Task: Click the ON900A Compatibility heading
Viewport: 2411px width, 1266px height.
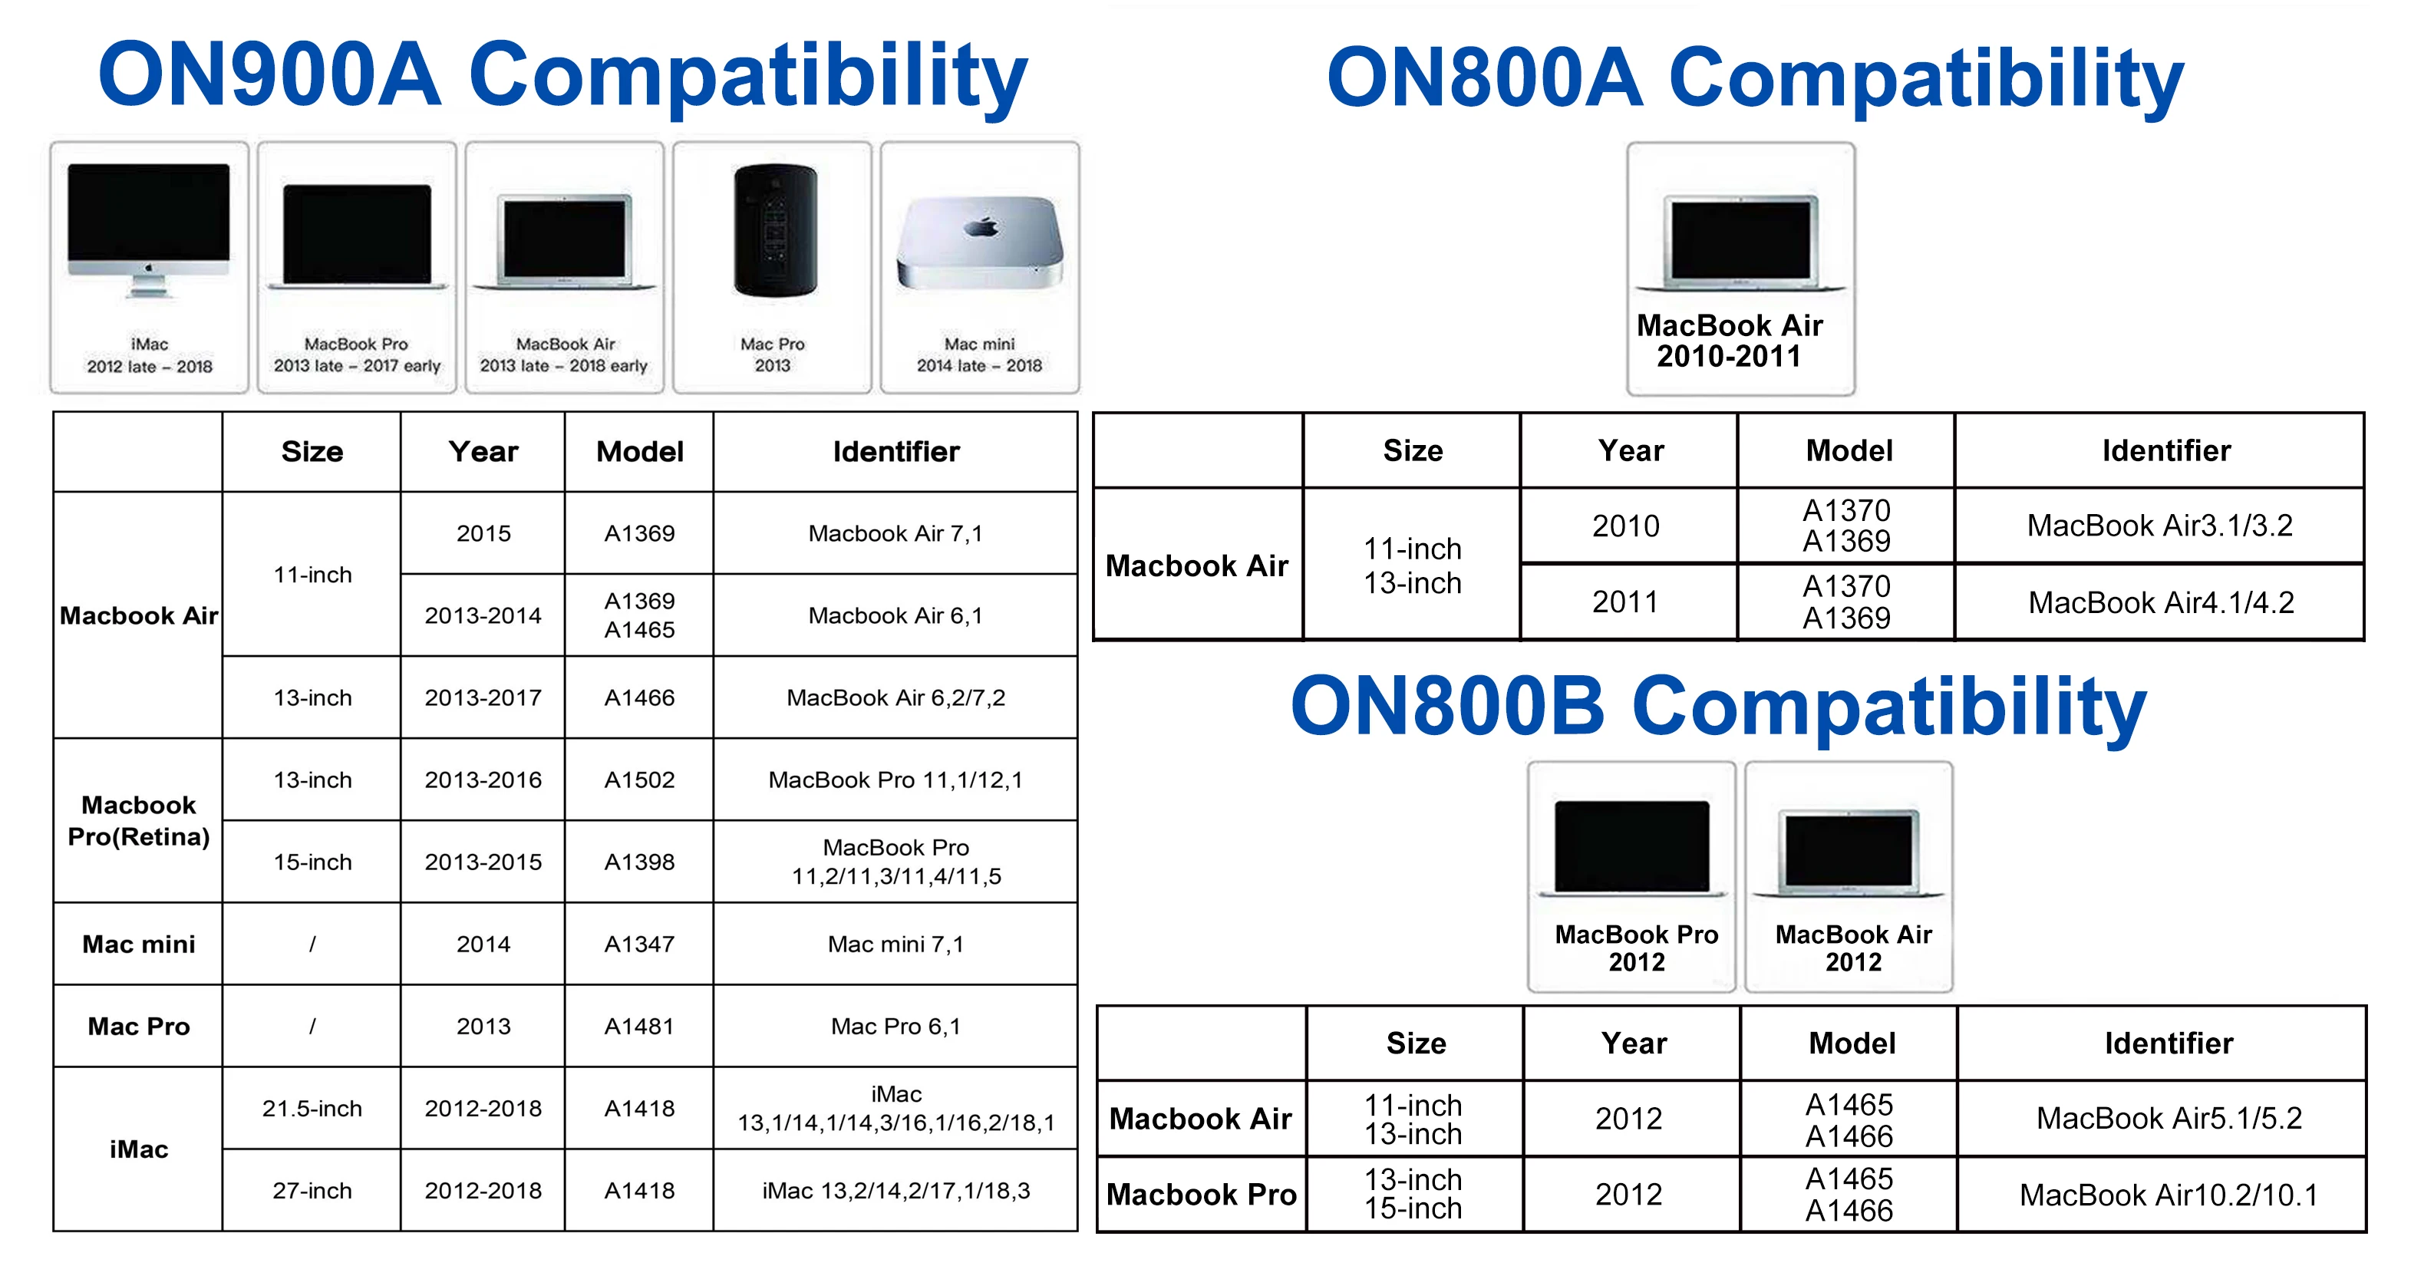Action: [562, 77]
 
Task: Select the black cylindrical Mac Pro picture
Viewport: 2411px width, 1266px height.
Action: [775, 229]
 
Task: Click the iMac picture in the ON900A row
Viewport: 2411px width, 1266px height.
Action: [149, 230]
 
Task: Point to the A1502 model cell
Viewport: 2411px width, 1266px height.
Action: [639, 780]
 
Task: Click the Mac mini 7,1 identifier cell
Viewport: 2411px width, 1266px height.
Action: [895, 944]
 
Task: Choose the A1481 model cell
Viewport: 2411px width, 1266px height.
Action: [639, 1027]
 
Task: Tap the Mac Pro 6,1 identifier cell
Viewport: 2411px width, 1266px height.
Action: [895, 1027]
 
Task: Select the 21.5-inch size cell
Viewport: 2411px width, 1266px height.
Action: [312, 1109]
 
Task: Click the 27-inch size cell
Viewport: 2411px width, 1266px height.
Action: [312, 1191]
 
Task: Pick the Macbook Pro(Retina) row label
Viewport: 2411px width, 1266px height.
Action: [139, 821]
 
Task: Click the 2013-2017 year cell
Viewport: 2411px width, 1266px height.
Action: [483, 698]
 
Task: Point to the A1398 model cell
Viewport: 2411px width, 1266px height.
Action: [639, 862]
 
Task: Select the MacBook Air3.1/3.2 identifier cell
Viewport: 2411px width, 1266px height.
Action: [2160, 526]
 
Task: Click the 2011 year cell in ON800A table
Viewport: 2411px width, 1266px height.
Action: [1626, 602]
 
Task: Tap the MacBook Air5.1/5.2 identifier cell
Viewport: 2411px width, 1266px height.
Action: [2169, 1118]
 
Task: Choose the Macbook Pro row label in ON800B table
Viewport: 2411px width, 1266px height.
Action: [1202, 1195]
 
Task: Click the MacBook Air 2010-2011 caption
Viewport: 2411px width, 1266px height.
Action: [1730, 341]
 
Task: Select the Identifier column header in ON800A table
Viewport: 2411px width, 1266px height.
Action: [2167, 451]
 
